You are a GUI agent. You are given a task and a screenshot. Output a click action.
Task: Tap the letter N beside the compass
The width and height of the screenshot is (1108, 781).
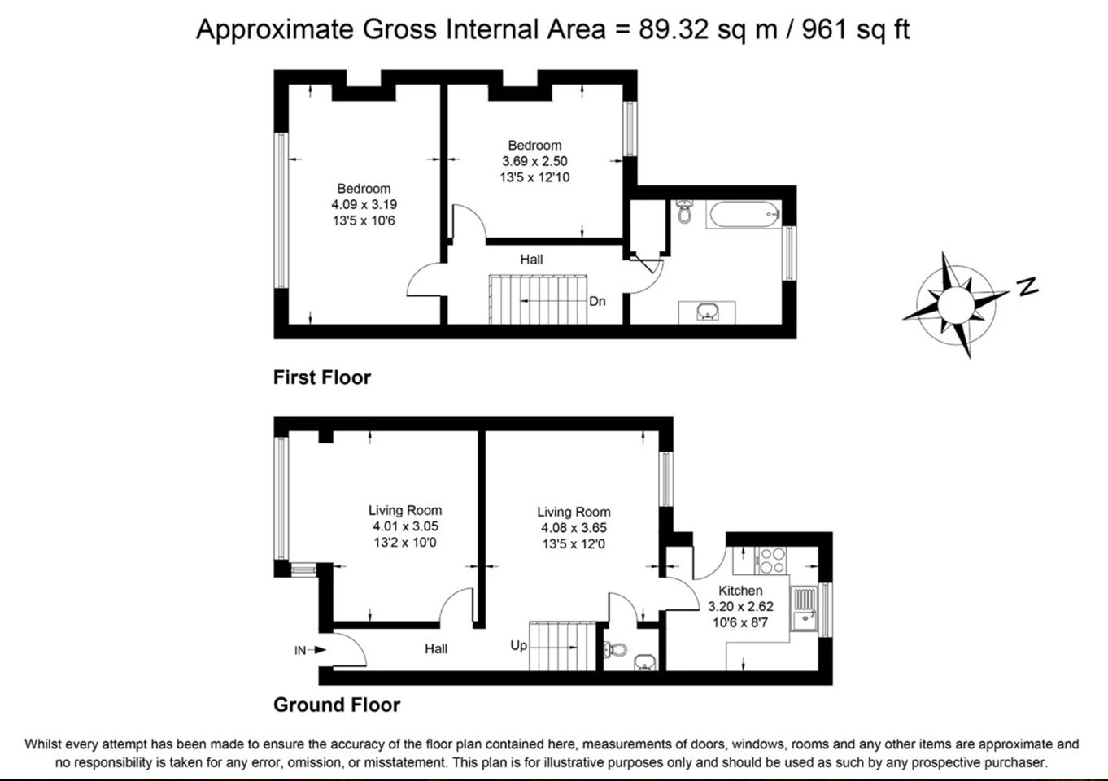1027,286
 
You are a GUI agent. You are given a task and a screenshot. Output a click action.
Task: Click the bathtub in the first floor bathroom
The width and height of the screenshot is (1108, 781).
744,214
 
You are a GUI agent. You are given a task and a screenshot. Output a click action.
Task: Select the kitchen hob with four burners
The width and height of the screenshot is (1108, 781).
771,561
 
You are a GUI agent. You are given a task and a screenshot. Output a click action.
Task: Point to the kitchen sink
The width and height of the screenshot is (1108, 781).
805,609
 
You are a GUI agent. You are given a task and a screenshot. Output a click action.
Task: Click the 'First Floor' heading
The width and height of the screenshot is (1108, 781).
322,377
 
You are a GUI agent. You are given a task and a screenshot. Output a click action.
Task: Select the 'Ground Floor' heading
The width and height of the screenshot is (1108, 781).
337,705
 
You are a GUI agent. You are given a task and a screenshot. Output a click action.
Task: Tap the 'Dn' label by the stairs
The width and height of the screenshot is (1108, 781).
598,301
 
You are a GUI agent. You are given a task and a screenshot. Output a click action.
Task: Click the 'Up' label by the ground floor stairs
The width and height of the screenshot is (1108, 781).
519,645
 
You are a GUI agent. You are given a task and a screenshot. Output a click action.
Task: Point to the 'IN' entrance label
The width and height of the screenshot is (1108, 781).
300,650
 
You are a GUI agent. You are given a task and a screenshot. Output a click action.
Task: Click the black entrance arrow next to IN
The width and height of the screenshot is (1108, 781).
317,650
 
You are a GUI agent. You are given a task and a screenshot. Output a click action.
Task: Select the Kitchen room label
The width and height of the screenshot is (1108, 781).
740,591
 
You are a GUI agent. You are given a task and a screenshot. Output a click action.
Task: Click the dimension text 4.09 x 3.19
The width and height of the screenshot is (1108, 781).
364,204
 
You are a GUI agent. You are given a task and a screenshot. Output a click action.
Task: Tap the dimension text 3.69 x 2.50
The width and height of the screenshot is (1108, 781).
534,161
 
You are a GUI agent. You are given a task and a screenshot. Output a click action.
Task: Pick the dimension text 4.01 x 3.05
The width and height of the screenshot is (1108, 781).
405,526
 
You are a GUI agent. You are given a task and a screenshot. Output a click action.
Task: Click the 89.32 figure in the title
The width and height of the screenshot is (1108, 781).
674,28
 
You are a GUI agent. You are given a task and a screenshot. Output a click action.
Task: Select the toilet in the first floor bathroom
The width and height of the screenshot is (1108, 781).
685,212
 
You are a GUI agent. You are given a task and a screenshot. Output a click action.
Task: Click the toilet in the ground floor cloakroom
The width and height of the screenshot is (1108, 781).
615,649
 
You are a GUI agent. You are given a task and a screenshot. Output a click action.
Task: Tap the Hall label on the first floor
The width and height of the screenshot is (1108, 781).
531,260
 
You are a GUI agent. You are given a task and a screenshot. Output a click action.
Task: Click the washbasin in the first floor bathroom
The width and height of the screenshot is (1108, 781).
707,312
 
